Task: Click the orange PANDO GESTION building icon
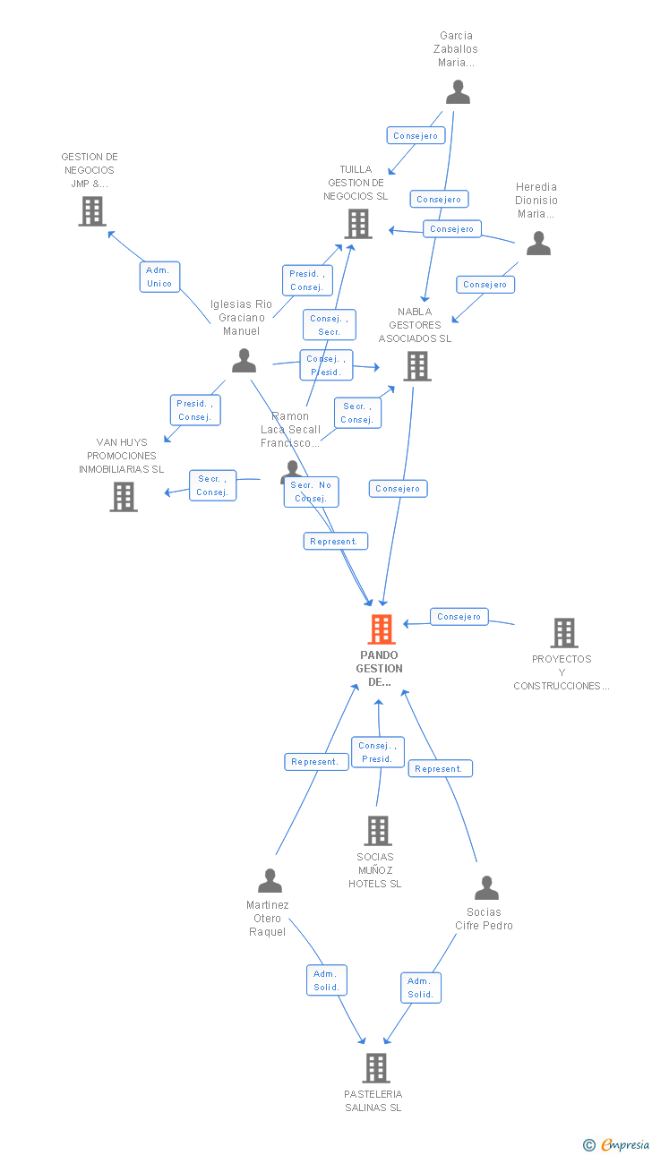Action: click(382, 629)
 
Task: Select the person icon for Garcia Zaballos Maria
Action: click(458, 92)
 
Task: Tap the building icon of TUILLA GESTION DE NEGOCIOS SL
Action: click(358, 224)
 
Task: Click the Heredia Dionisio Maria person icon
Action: click(538, 244)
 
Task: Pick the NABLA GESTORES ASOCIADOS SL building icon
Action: click(416, 366)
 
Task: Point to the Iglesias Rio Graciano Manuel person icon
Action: click(244, 361)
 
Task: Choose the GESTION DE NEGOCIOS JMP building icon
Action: click(92, 211)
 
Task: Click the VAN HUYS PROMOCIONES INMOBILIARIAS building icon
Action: click(124, 497)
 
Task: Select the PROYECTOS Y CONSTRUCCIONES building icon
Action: click(563, 633)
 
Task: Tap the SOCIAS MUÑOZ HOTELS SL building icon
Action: click(377, 831)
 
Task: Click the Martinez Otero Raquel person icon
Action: click(270, 881)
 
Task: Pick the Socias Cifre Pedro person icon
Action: click(486, 888)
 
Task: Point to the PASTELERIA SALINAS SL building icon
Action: click(376, 1068)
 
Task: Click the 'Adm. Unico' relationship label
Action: click(159, 277)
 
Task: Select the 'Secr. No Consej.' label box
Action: click(311, 492)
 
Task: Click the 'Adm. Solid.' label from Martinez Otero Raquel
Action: click(326, 980)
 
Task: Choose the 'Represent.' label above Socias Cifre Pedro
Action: click(440, 768)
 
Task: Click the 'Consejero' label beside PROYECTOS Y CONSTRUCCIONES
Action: click(459, 616)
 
